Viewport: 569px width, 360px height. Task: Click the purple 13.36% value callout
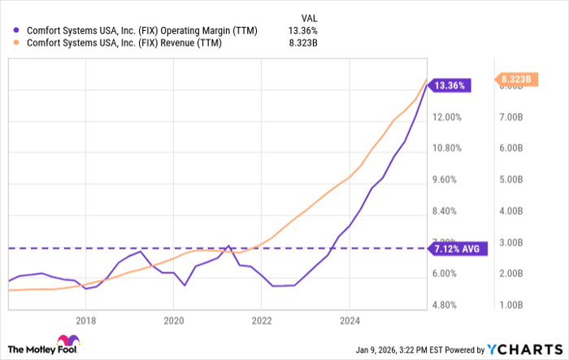click(450, 85)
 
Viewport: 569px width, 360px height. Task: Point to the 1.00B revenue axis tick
click(515, 305)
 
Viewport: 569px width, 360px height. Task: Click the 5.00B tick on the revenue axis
click(515, 180)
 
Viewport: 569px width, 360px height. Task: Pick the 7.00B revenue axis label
click(515, 117)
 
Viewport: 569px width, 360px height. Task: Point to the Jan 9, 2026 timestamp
click(418, 349)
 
